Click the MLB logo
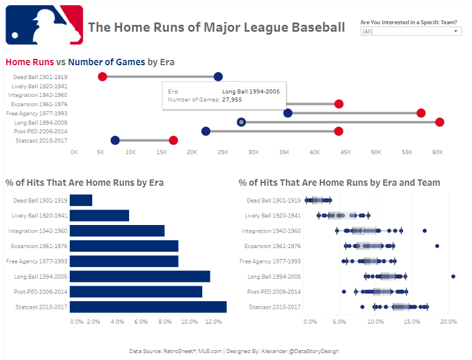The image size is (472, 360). click(x=44, y=25)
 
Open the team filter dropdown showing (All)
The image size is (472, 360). click(x=411, y=31)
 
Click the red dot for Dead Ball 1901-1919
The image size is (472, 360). click(x=102, y=77)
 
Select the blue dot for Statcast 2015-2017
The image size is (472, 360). click(x=115, y=140)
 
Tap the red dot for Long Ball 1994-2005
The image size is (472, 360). click(x=440, y=122)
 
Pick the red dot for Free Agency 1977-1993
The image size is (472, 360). click(x=421, y=113)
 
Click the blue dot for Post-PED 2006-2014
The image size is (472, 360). click(x=206, y=131)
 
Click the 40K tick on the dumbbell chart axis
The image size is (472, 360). click(x=315, y=152)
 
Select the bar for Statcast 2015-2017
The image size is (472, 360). click(x=148, y=307)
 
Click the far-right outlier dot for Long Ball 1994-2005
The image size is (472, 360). click(x=453, y=276)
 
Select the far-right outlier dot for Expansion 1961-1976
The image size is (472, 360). click(x=437, y=246)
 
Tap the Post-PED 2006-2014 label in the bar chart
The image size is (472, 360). click(x=41, y=292)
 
